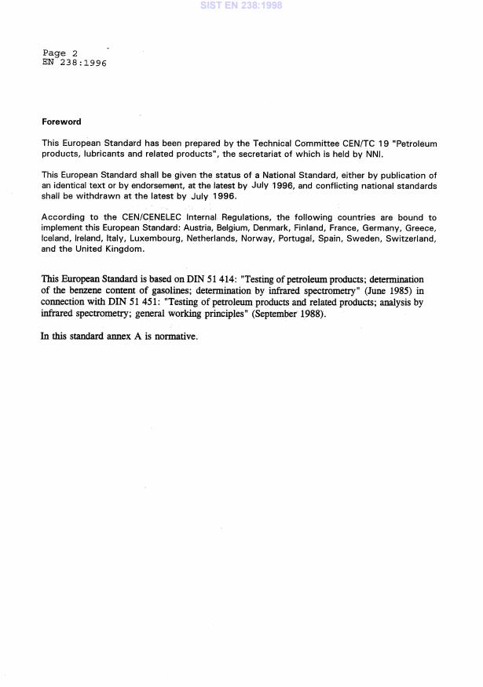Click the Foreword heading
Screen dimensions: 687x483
click(x=61, y=122)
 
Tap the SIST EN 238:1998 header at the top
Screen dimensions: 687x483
click(x=241, y=5)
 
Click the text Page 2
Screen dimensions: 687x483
click(x=60, y=53)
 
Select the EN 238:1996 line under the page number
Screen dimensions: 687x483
click(x=74, y=63)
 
